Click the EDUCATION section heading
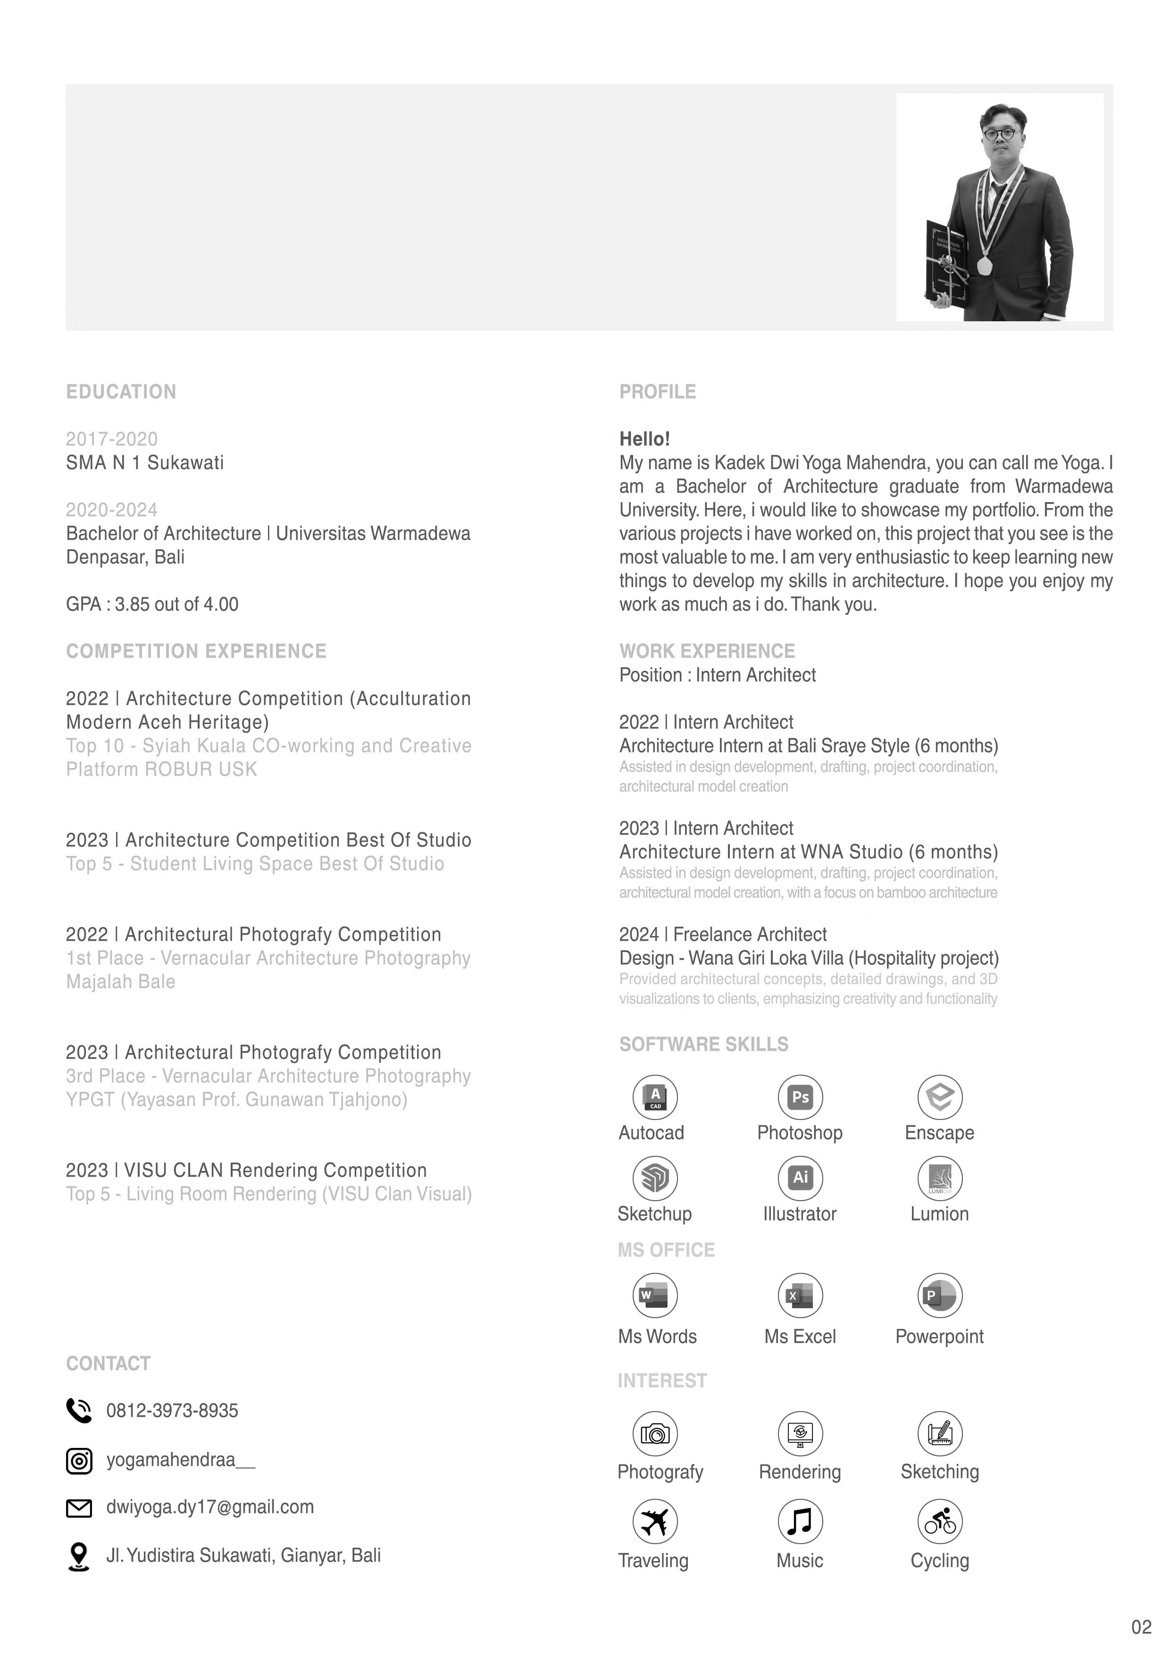click(121, 392)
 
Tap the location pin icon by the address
click(79, 1556)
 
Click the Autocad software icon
click(654, 1097)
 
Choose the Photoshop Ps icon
click(800, 1097)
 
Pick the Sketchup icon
click(654, 1178)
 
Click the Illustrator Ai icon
click(800, 1178)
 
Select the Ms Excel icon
click(800, 1296)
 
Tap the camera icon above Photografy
click(654, 1434)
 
